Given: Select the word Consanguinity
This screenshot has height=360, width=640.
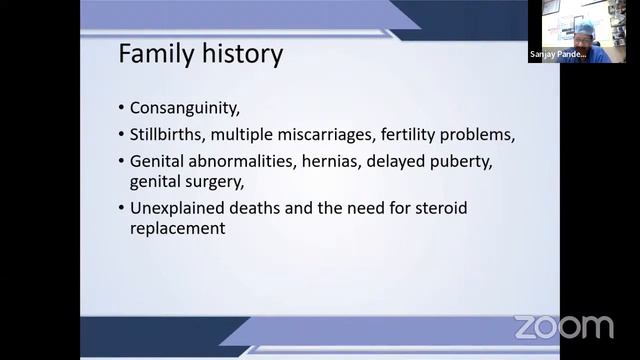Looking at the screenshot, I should [x=187, y=108].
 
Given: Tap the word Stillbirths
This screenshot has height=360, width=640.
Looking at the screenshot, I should [x=165, y=134].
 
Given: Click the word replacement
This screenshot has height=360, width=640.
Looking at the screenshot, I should [x=177, y=228].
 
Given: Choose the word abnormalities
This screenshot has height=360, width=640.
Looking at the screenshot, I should [x=235, y=160].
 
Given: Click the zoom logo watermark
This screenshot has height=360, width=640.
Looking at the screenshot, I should [x=563, y=327].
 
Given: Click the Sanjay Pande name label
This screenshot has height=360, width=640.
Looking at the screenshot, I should [x=557, y=56].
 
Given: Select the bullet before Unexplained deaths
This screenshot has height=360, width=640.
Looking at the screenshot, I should [x=121, y=209].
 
